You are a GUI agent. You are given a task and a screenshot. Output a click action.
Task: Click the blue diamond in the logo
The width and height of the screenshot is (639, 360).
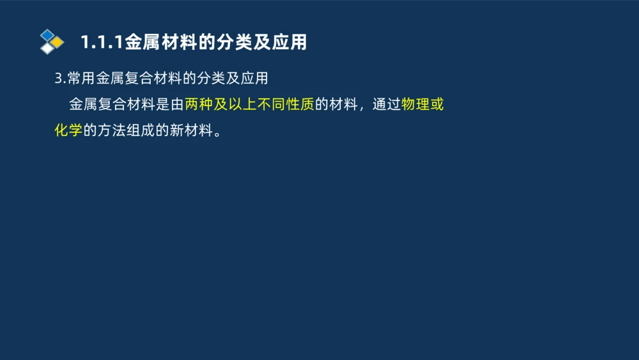click(47, 35)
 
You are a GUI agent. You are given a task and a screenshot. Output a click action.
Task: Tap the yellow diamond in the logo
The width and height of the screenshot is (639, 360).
click(57, 42)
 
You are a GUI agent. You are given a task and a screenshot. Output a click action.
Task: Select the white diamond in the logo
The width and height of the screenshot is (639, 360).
click(47, 48)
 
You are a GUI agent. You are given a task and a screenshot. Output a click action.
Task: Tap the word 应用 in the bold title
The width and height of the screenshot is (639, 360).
click(289, 42)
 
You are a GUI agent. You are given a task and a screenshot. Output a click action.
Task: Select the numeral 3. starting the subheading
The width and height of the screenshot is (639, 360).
click(60, 79)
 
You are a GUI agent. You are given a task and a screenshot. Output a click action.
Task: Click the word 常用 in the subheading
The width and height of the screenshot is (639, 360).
click(82, 79)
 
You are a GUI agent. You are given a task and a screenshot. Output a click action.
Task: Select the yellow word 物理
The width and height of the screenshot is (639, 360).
click(415, 104)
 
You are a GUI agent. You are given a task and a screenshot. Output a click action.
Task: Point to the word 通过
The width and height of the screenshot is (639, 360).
click(387, 104)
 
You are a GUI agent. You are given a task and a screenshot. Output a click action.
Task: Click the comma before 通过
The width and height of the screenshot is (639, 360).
click(362, 107)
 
